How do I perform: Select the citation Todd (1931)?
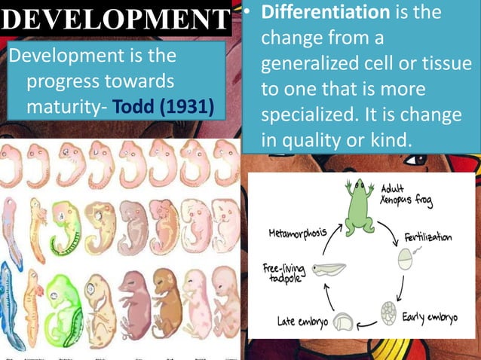coord(162,106)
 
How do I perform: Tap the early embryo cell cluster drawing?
coord(388,312)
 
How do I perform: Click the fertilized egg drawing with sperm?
coord(406,259)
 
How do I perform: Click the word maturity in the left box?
coord(63,106)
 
